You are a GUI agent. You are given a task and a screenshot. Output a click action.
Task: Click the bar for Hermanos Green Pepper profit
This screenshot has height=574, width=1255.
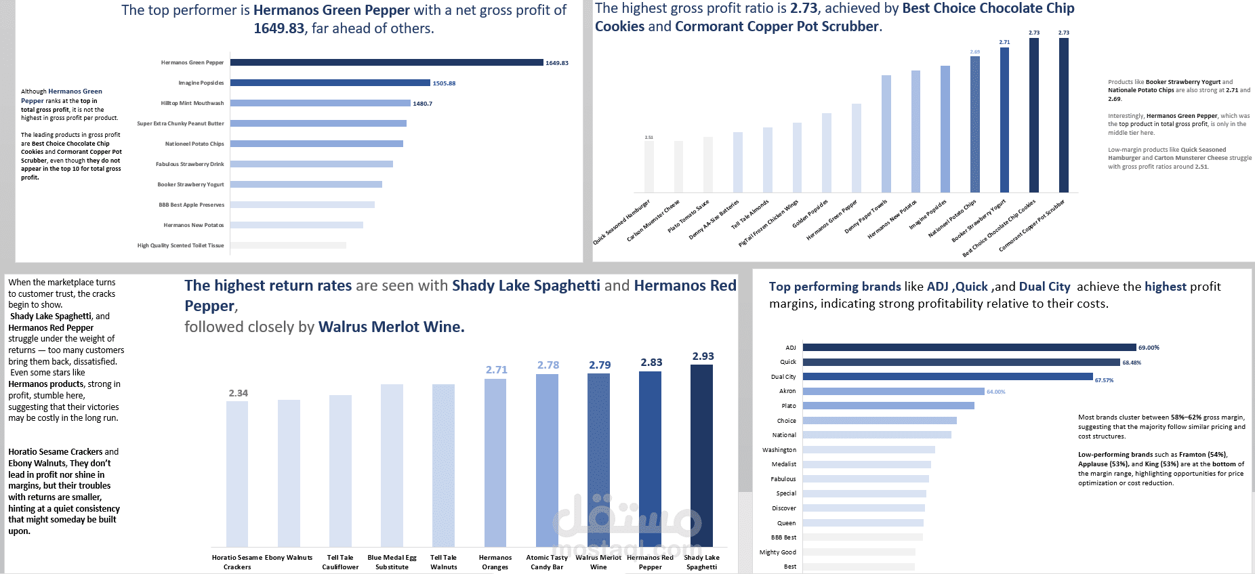click(386, 62)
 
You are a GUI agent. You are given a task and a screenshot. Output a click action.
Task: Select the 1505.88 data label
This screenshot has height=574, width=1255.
click(444, 83)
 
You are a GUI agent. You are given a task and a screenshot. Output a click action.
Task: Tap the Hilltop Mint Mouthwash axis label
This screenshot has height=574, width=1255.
click(192, 103)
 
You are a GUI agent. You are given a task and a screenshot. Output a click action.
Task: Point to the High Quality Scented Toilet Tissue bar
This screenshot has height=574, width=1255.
click(288, 245)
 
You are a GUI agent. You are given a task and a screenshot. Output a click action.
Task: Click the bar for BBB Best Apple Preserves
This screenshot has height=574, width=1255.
click(302, 205)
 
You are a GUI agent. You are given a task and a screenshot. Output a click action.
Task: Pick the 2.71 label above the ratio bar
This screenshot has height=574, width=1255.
click(1004, 42)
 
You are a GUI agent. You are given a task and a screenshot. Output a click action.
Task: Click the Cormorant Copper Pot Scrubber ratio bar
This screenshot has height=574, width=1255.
click(1064, 115)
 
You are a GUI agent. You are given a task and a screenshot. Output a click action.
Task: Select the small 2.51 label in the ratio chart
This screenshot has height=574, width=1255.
click(649, 138)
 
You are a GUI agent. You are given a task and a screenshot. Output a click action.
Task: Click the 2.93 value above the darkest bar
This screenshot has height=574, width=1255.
click(703, 356)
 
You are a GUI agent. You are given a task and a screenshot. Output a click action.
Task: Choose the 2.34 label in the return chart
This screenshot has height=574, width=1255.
click(238, 393)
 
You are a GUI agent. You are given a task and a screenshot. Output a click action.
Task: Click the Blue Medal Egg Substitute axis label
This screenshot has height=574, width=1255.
click(392, 562)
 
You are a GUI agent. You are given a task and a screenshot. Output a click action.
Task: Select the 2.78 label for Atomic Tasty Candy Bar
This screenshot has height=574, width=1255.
click(548, 365)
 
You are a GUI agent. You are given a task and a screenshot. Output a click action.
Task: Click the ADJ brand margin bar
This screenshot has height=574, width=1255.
click(969, 348)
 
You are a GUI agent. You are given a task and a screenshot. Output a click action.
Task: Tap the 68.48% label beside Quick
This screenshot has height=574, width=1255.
click(1132, 363)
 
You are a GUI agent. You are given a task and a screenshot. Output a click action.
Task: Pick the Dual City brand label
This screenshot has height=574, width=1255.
click(783, 377)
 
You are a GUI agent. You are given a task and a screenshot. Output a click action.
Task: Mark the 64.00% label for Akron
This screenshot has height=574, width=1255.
click(995, 392)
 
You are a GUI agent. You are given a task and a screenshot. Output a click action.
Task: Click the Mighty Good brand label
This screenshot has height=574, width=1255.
click(778, 552)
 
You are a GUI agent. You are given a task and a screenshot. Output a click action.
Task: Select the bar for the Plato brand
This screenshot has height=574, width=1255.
click(888, 406)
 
